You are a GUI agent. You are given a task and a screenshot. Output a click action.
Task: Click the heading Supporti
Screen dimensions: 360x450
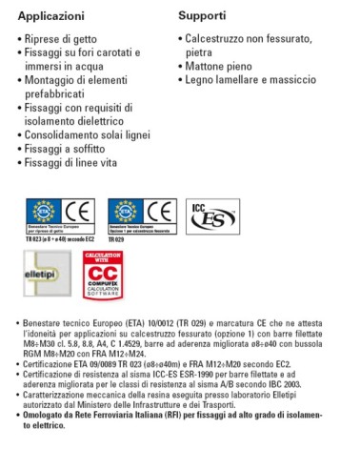coord(201,16)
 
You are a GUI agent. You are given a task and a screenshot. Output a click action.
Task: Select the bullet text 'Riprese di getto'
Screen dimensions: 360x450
coord(67,41)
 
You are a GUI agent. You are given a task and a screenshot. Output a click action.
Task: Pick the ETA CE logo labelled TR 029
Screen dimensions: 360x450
coord(142,215)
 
